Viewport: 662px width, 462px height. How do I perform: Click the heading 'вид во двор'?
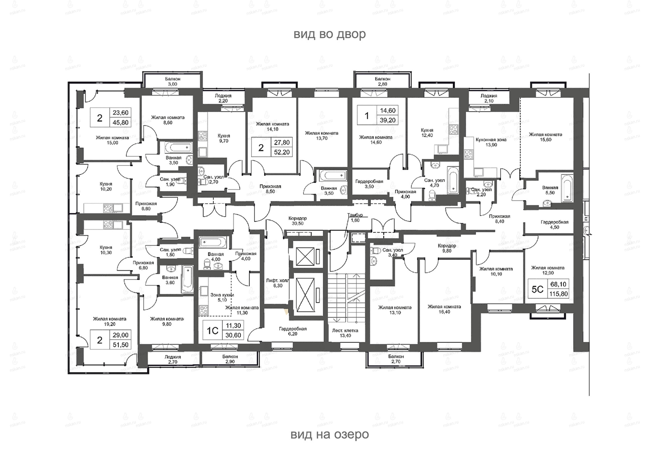tap(329, 34)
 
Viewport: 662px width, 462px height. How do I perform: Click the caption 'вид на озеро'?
tap(329, 434)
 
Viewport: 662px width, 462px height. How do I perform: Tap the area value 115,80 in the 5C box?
tap(558, 294)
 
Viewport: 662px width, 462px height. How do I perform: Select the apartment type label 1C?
tap(213, 330)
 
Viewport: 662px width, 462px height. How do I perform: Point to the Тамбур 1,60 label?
tap(355, 218)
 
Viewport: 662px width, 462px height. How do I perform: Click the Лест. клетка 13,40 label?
tap(345, 333)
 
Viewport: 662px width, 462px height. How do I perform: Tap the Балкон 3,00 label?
tap(173, 81)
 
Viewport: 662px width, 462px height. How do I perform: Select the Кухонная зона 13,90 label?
tap(491, 142)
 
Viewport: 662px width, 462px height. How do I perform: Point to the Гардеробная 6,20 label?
tap(293, 331)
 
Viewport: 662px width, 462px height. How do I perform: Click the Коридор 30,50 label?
tap(298, 221)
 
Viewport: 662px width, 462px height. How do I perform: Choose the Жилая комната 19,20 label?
tap(110, 321)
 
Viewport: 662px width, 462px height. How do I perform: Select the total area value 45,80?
tap(120, 122)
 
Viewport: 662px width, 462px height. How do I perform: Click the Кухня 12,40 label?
tap(427, 133)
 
